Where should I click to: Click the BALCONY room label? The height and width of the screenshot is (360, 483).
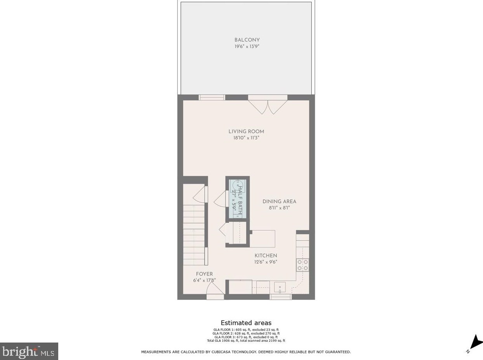pos(247,40)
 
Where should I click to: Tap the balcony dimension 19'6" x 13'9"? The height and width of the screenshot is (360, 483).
pos(247,46)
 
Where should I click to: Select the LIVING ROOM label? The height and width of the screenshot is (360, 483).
pos(246,132)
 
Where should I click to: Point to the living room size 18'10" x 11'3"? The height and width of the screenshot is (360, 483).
pos(246,138)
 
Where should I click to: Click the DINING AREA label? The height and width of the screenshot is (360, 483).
pos(279,201)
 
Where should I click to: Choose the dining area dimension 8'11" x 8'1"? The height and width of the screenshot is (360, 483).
pos(279,208)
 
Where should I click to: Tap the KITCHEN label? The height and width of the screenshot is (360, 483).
pos(266,256)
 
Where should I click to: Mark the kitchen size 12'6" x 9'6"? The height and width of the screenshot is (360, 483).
pos(266,262)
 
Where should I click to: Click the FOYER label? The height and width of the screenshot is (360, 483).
pos(204,274)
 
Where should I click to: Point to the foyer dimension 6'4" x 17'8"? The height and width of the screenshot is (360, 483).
pos(204,280)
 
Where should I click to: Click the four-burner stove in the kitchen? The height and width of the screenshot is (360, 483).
pos(302,265)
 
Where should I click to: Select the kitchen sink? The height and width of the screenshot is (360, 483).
pos(280,287)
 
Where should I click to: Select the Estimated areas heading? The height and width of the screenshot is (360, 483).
pos(246,323)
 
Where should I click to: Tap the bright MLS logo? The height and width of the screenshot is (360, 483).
pos(29,351)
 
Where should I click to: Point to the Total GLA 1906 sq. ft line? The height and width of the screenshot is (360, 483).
pos(246,341)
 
